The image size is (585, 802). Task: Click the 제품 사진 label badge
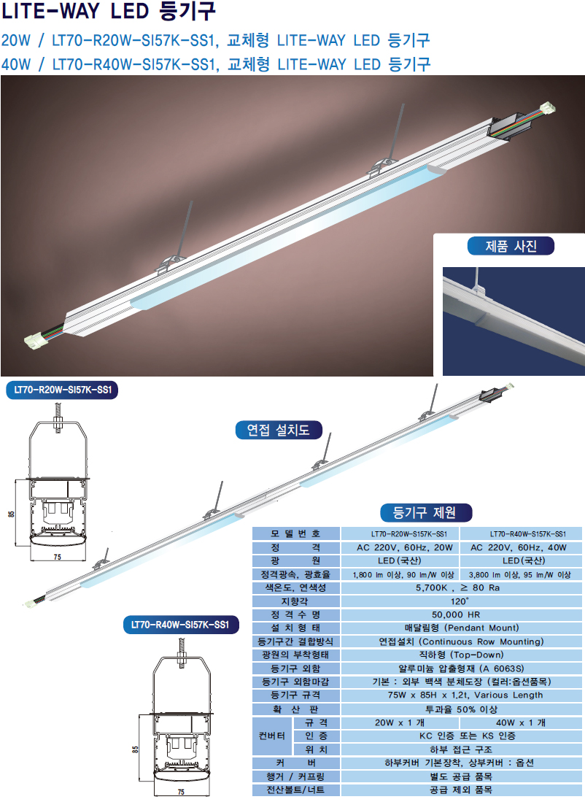(511, 246)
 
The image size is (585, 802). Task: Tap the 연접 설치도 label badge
(279, 430)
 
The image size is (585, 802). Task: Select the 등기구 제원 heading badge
(426, 512)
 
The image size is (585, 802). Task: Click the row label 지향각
(295, 601)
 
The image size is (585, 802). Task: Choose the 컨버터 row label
(272, 736)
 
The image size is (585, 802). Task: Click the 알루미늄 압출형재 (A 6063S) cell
(461, 668)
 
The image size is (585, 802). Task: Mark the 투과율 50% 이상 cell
(461, 709)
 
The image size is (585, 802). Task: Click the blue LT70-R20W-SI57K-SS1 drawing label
(63, 390)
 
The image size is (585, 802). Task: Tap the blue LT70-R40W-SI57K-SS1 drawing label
(180, 625)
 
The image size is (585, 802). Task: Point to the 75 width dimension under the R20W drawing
(58, 557)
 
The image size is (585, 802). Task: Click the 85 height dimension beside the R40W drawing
(135, 749)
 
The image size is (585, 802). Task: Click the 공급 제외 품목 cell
(461, 790)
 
